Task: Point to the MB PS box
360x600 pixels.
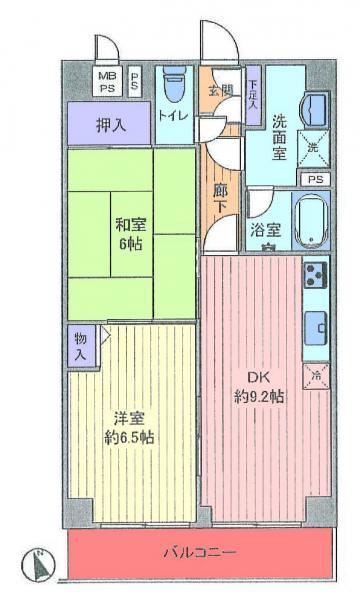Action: (105, 80)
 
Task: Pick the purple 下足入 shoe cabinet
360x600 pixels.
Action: (253, 92)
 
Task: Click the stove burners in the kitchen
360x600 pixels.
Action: (316, 272)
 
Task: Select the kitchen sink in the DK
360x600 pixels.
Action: (317, 325)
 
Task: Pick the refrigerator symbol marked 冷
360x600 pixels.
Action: (316, 377)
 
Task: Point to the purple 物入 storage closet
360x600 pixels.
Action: (80, 347)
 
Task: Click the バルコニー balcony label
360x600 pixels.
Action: (200, 553)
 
